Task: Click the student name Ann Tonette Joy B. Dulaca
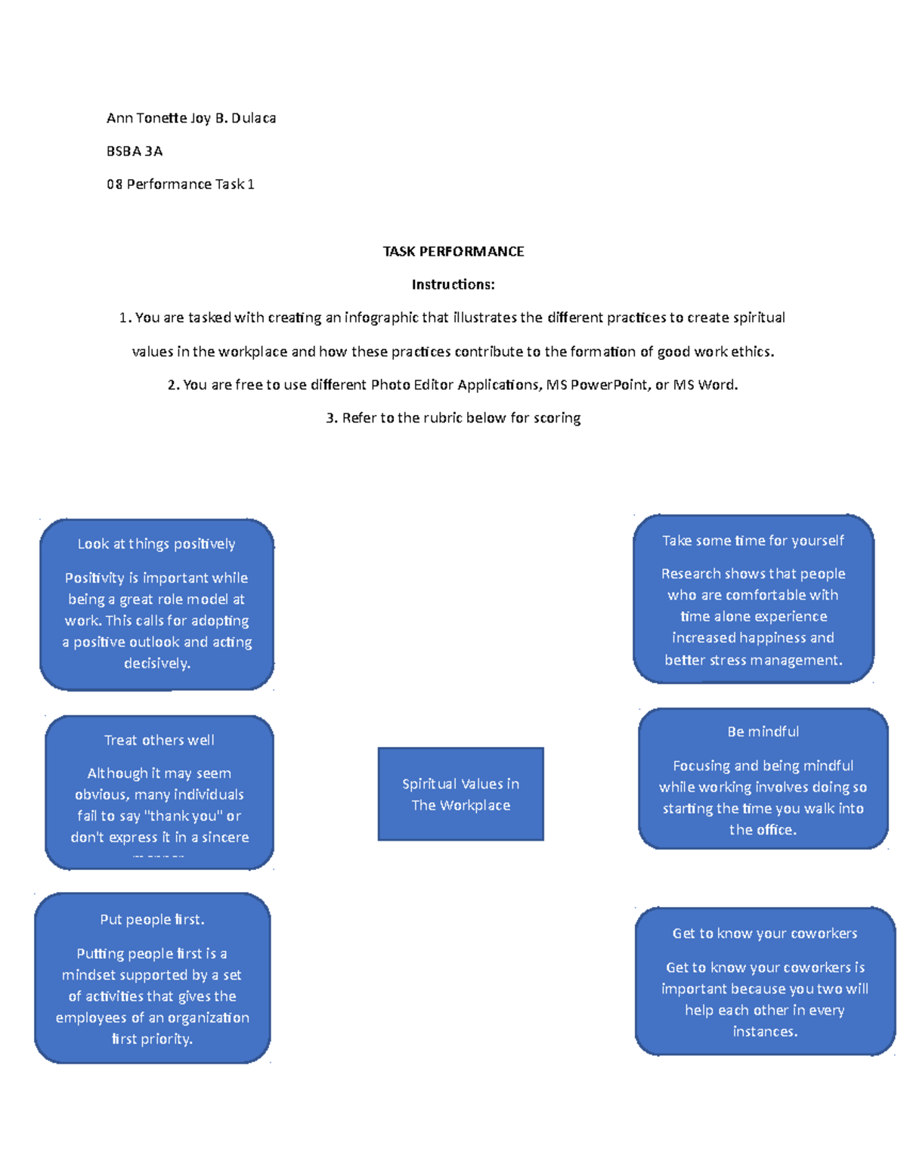pyautogui.click(x=191, y=119)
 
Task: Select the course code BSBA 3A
pyautogui.click(x=135, y=151)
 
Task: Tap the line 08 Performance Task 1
pyautogui.click(x=181, y=184)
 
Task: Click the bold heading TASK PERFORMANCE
pyautogui.click(x=453, y=251)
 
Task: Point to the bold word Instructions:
pyautogui.click(x=453, y=284)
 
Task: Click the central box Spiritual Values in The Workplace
pyautogui.click(x=461, y=794)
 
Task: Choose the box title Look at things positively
pyautogui.click(x=156, y=544)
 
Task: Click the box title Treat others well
pyautogui.click(x=159, y=740)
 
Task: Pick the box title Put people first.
pyautogui.click(x=153, y=919)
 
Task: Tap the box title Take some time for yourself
pyautogui.click(x=753, y=541)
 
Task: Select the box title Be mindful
pyautogui.click(x=763, y=732)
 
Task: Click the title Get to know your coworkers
pyautogui.click(x=765, y=933)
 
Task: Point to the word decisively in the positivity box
pyautogui.click(x=156, y=664)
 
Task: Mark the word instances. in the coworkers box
pyautogui.click(x=765, y=1031)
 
